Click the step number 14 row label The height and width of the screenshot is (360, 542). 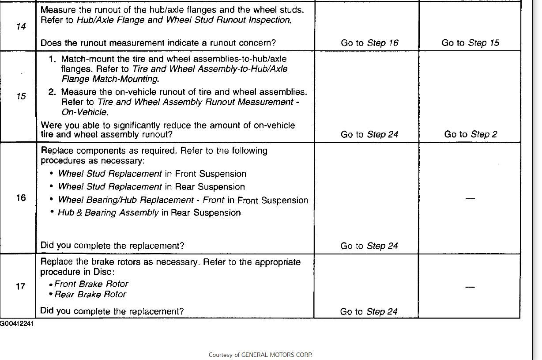(21, 27)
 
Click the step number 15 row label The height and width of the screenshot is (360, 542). (21, 96)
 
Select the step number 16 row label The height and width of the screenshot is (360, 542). (21, 198)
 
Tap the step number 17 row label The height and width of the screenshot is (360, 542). (21, 287)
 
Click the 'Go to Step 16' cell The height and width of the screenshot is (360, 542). (369, 43)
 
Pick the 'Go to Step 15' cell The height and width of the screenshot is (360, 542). (470, 43)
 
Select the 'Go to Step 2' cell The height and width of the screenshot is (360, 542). (470, 134)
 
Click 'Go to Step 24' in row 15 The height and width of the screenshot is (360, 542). (369, 134)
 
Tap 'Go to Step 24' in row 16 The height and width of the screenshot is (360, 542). (369, 246)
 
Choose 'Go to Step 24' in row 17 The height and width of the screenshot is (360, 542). (369, 311)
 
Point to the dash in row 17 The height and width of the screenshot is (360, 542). (470, 287)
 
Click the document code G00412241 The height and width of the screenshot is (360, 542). (16, 323)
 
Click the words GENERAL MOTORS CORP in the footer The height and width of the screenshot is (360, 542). (276, 355)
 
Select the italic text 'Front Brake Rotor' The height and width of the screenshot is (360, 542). (91, 284)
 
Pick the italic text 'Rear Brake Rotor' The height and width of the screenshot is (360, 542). (90, 294)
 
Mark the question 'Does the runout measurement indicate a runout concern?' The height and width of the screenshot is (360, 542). (158, 43)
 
